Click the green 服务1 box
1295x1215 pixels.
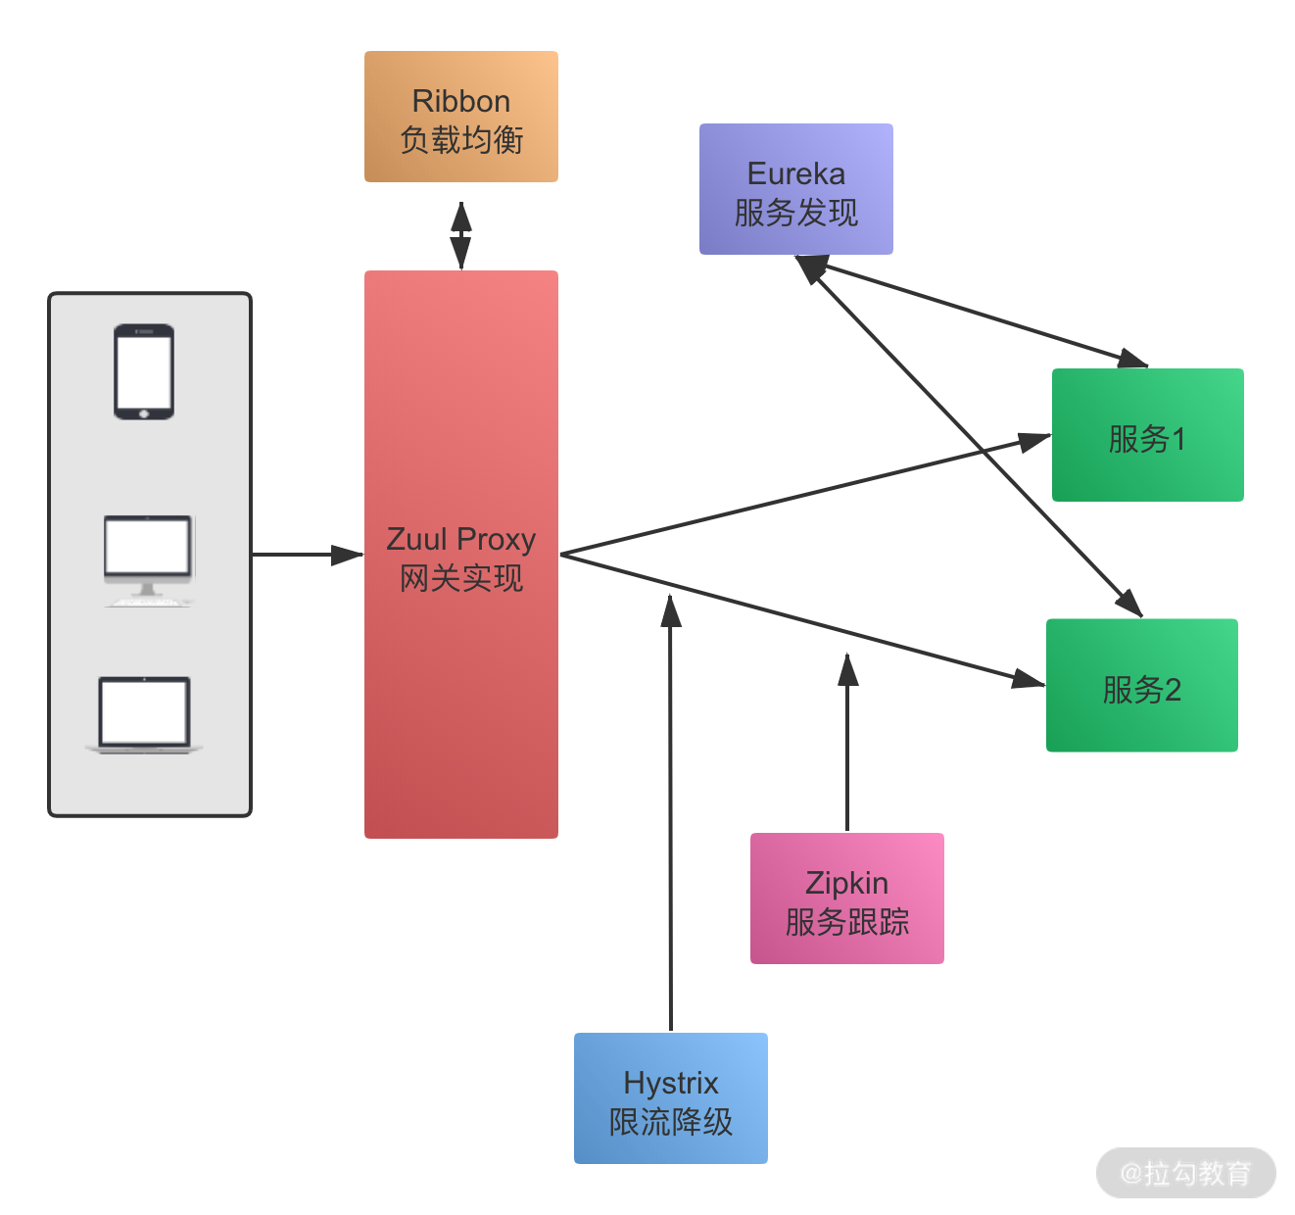1147,436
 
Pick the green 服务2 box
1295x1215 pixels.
1141,686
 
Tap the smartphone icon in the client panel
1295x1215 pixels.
144,372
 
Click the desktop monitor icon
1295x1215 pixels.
148,559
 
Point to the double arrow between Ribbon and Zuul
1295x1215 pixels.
460,235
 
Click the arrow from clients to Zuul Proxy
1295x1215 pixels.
306,555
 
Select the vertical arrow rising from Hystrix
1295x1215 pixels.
671,813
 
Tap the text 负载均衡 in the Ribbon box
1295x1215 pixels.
461,140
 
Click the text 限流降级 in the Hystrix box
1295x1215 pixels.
671,1122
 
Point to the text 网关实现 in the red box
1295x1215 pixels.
461,578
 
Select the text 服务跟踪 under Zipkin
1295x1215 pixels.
847,922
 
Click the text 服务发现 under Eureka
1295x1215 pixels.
796,213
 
